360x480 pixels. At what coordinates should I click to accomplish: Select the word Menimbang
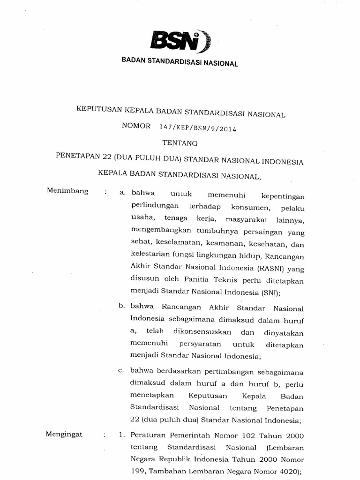68,191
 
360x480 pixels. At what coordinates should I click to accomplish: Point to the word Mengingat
64,434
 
